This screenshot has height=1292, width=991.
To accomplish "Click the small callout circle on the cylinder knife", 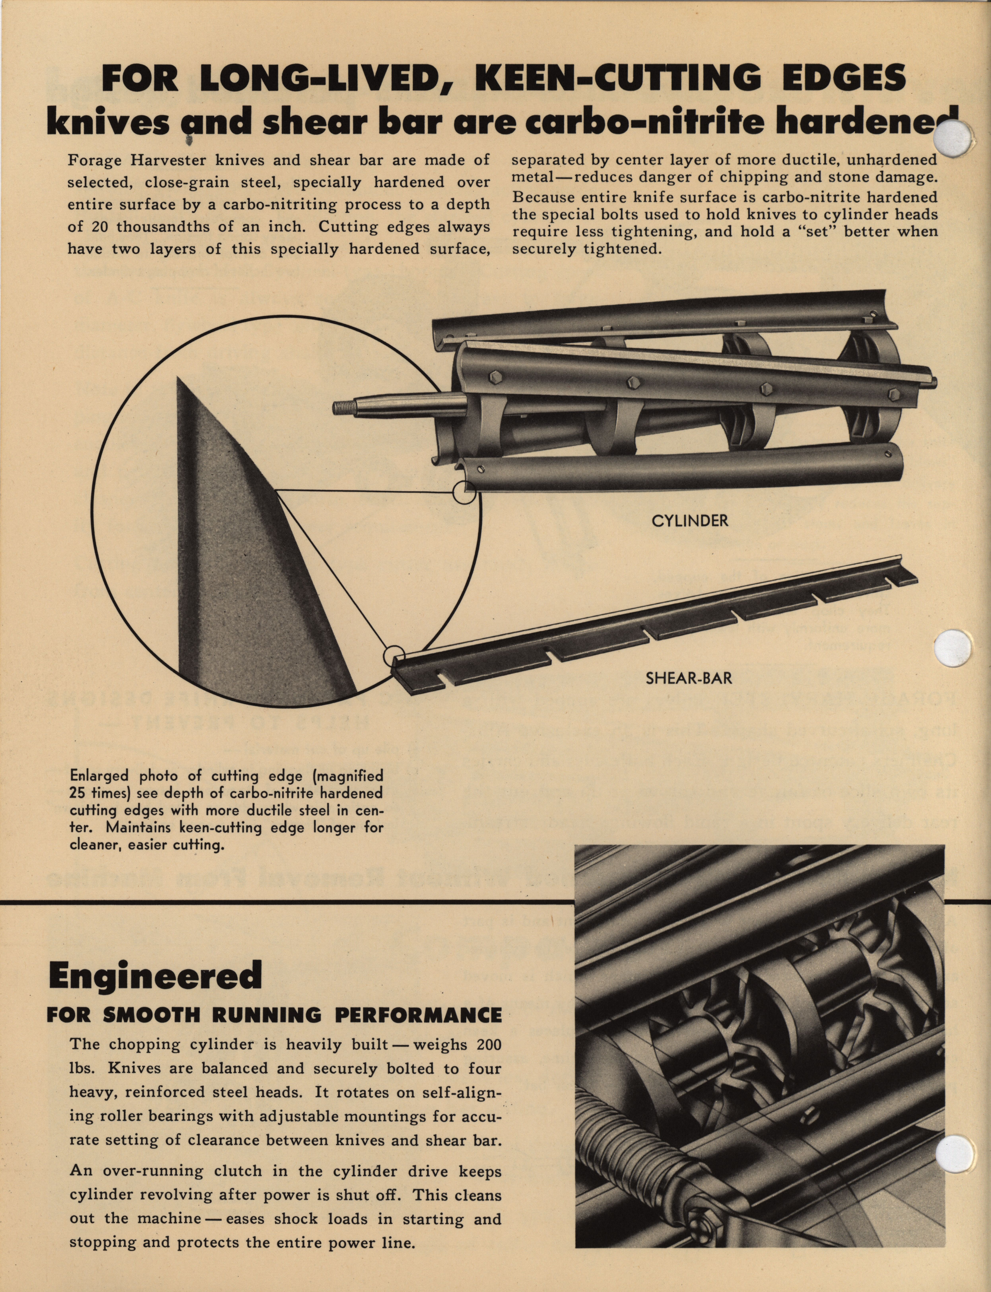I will (x=464, y=492).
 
